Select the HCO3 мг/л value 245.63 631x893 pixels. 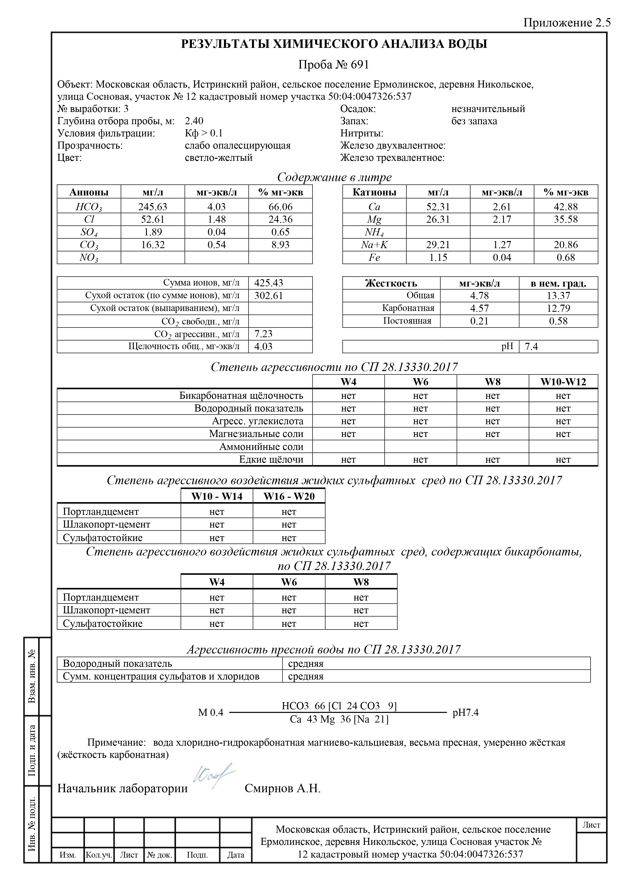153,207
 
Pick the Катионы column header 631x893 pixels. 374,192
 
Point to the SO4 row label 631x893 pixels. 89,233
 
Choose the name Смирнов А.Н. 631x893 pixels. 282,788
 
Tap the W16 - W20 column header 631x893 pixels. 289,496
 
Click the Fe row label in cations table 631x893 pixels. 374,258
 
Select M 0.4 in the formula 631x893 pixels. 210,713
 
